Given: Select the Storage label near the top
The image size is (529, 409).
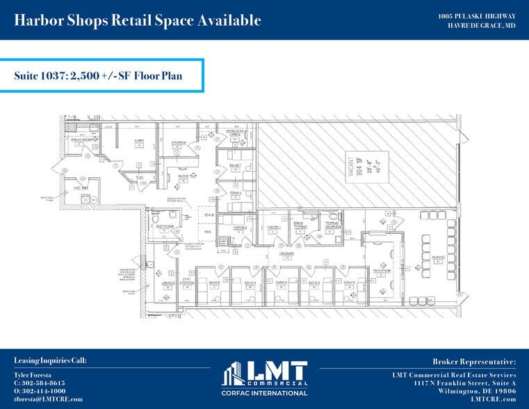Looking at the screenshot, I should tap(177, 141).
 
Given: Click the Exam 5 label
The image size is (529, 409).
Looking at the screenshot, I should tap(214, 283).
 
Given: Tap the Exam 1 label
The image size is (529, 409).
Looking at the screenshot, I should tap(348, 283).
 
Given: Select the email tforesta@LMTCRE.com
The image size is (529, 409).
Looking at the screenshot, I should tap(48, 399).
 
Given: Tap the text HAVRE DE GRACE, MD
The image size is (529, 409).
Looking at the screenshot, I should tap(481, 25).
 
